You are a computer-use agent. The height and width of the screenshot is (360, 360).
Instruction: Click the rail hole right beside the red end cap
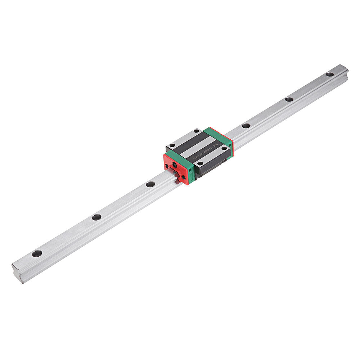click(x=150, y=184)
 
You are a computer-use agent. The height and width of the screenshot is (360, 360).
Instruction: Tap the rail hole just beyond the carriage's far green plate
click(x=246, y=126)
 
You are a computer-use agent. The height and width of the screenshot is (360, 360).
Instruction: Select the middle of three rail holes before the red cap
click(x=96, y=217)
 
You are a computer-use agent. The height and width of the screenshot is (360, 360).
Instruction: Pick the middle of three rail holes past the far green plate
click(x=289, y=99)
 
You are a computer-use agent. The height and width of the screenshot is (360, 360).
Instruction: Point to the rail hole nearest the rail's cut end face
click(x=37, y=253)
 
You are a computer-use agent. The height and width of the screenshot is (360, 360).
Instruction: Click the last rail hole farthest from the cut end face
click(x=330, y=74)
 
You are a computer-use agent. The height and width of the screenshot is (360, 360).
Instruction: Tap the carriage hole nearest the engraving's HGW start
click(x=200, y=163)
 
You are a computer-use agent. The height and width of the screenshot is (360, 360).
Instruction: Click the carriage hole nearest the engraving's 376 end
click(x=224, y=148)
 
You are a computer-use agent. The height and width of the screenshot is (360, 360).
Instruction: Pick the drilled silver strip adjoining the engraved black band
click(x=212, y=156)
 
